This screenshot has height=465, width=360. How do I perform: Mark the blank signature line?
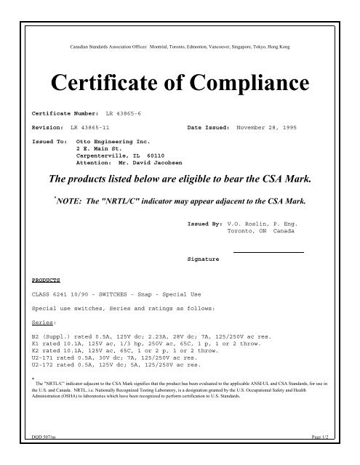[x=267, y=251]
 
